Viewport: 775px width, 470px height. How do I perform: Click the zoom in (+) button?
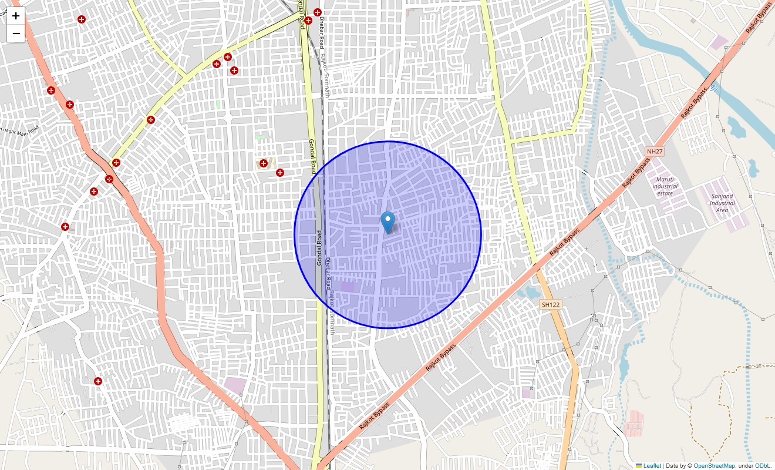(16, 16)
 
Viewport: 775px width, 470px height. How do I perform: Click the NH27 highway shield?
(654, 152)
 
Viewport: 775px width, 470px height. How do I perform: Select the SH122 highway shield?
(551, 304)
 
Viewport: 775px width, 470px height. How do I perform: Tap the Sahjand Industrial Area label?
(722, 203)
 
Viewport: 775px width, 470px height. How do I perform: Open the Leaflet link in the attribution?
(652, 466)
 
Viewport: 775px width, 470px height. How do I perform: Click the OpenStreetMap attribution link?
(714, 466)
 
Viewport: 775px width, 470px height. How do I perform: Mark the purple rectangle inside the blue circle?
(348, 287)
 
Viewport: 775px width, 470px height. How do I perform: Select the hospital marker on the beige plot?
(264, 163)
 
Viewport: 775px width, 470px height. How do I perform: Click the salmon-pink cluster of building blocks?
(635, 423)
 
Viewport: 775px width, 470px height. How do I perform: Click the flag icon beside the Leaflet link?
(639, 466)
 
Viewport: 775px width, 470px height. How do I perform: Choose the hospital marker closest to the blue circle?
(280, 173)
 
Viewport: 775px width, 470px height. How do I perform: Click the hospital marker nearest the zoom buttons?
(82, 19)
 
